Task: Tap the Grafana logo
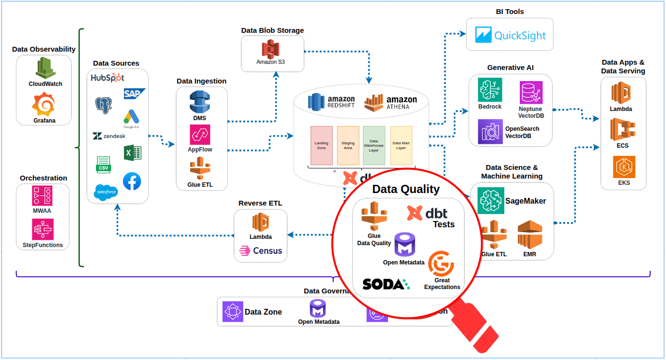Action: [44, 105]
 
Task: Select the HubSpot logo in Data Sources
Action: [107, 78]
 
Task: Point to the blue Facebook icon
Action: [132, 181]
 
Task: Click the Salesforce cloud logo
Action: [106, 192]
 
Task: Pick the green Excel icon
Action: [133, 153]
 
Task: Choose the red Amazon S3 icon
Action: [271, 50]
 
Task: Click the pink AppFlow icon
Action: [200, 135]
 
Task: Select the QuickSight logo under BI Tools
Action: [510, 35]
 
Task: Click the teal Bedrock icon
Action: [490, 90]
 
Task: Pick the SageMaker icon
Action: [490, 201]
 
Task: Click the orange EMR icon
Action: [530, 234]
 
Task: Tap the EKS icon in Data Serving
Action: [624, 167]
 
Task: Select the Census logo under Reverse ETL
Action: [261, 251]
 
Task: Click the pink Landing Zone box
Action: [321, 146]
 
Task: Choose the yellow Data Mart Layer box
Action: [401, 146]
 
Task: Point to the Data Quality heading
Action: [406, 190]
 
